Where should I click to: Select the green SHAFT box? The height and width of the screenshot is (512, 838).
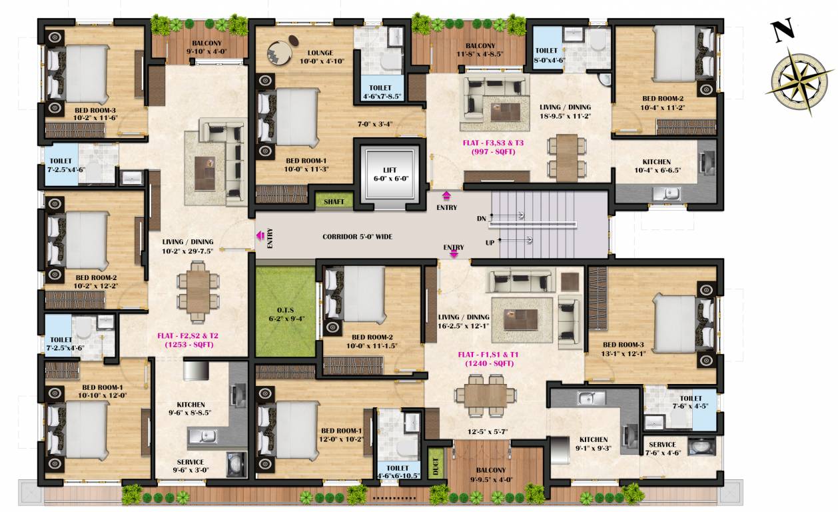[334, 201]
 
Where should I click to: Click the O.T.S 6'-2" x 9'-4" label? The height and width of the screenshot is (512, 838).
[284, 313]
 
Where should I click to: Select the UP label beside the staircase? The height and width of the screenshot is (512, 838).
[490, 243]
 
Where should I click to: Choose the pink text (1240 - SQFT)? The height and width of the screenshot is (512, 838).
[489, 363]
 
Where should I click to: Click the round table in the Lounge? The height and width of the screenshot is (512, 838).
[279, 52]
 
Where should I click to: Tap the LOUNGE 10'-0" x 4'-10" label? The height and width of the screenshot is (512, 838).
[320, 57]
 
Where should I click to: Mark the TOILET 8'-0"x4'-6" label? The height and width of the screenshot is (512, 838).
[550, 55]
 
